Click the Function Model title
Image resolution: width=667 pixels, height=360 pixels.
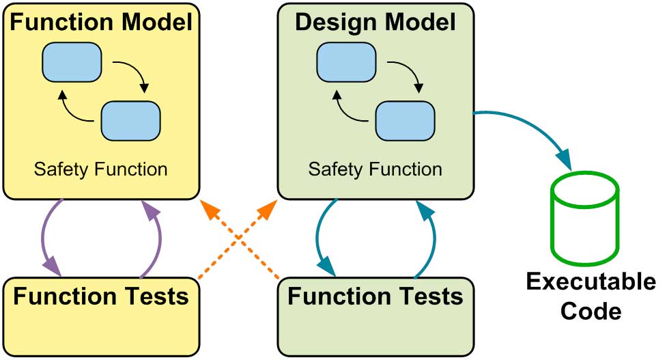pyautogui.click(x=102, y=23)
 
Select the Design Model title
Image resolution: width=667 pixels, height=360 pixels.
pyautogui.click(x=375, y=23)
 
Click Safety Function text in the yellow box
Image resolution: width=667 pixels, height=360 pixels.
pyautogui.click(x=102, y=168)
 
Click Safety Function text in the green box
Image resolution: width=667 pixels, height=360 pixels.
pyautogui.click(x=375, y=168)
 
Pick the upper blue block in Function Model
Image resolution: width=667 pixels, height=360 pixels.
pyautogui.click(x=72, y=61)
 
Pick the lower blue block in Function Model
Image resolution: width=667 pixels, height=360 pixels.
pyautogui.click(x=131, y=120)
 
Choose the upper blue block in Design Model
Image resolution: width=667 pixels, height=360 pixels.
pyautogui.click(x=346, y=61)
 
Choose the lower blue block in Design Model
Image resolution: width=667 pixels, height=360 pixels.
pyautogui.click(x=406, y=120)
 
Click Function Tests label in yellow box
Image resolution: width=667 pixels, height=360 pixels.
pyautogui.click(x=101, y=297)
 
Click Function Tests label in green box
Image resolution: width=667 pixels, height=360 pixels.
pyautogui.click(x=375, y=297)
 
